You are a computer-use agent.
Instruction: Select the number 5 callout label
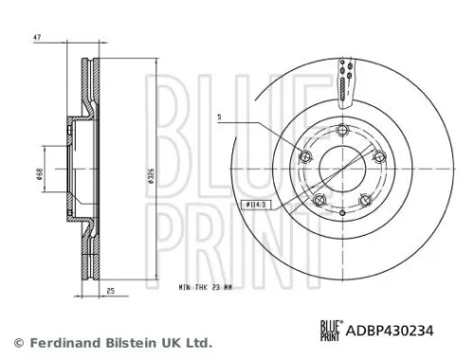(x=218, y=118)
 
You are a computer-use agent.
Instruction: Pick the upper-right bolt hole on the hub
(x=380, y=157)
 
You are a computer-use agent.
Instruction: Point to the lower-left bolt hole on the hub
(x=319, y=200)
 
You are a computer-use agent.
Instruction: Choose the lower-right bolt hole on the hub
(x=366, y=200)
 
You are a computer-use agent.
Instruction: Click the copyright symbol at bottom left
(x=16, y=342)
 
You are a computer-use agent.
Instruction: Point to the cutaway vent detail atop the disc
(x=344, y=81)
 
